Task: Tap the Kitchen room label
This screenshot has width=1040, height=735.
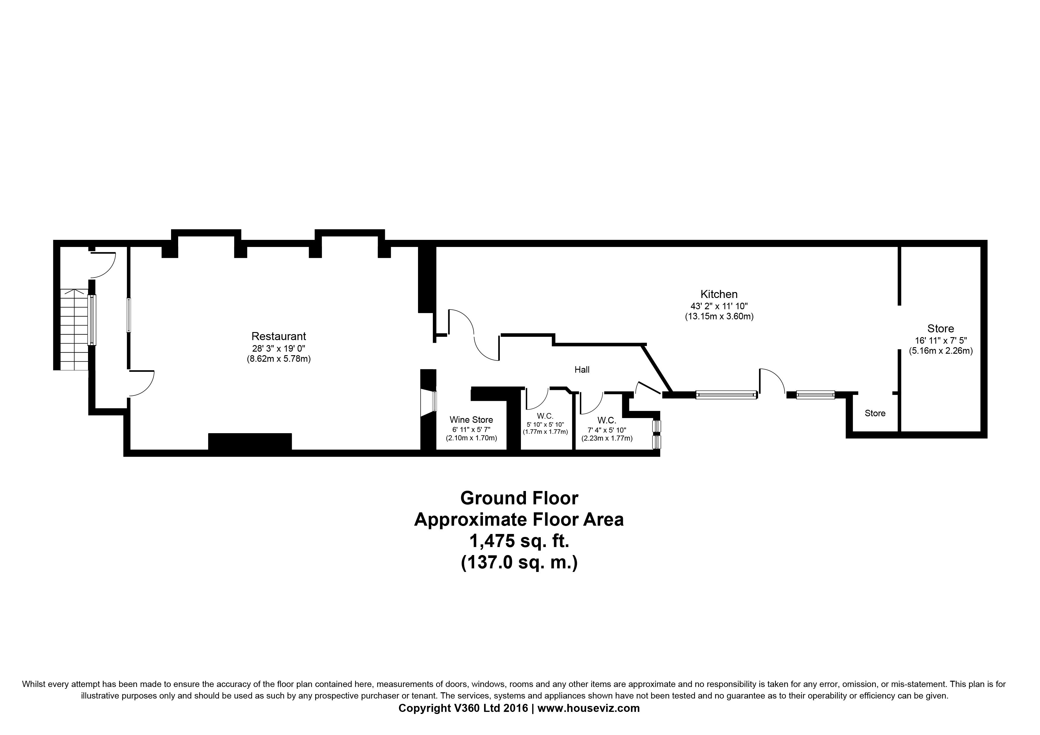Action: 719,294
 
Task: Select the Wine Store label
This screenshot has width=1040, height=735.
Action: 471,420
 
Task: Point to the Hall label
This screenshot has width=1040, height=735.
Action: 582,369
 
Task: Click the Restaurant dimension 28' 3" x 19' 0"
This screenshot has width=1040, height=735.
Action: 279,348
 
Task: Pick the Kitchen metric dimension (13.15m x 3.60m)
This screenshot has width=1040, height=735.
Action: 719,317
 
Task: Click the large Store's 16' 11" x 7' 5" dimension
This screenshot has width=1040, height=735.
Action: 941,340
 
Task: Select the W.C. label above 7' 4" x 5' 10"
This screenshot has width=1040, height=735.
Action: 607,420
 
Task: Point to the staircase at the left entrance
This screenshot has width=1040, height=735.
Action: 74,329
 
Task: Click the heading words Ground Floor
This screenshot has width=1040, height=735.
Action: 519,498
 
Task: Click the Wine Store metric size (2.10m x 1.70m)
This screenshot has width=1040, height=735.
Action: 471,438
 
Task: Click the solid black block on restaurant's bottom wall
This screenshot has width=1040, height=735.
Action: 250,441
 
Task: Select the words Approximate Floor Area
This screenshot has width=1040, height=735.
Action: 519,519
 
